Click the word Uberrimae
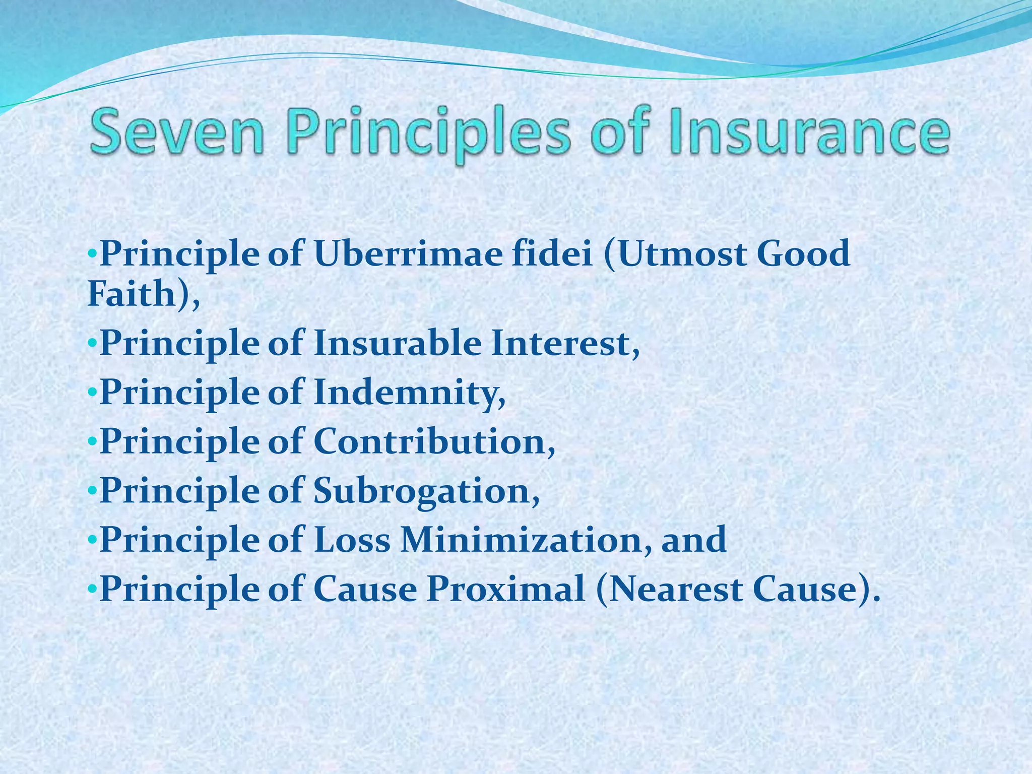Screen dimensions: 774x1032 click(x=408, y=253)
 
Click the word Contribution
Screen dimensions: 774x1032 click(x=434, y=442)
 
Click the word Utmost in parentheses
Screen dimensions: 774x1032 click(x=675, y=253)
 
